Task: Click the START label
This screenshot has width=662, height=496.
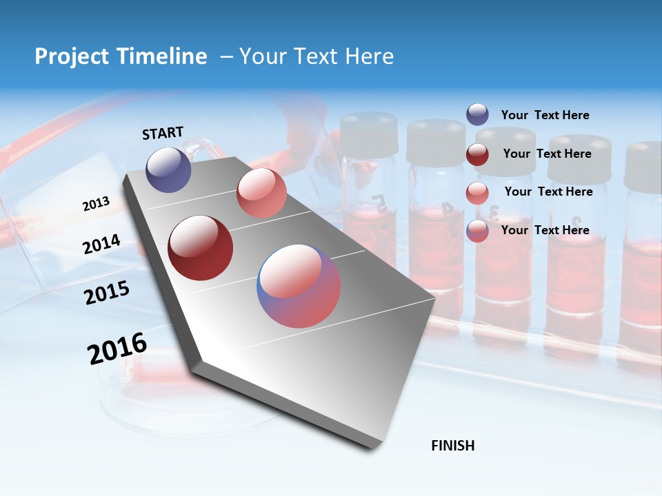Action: (x=163, y=133)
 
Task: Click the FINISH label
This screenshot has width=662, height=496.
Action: (x=452, y=446)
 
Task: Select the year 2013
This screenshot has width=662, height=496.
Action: (x=96, y=204)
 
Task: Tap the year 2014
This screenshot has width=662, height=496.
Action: (x=101, y=245)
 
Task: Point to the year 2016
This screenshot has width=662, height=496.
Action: (x=117, y=349)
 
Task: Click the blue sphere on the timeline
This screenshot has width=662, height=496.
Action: (x=168, y=169)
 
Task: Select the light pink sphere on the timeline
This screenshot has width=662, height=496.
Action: (x=261, y=193)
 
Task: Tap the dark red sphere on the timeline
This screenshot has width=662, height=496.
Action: (x=201, y=248)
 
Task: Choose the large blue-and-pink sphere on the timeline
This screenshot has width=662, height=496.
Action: (x=299, y=286)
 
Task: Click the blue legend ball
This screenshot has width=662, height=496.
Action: (x=477, y=114)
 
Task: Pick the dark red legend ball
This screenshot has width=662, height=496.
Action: (x=477, y=154)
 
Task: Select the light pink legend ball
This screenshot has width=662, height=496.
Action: (x=477, y=192)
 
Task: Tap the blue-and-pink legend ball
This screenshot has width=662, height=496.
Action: (x=477, y=231)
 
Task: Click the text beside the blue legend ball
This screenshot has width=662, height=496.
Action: (x=545, y=115)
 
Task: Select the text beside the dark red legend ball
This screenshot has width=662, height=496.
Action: (x=547, y=154)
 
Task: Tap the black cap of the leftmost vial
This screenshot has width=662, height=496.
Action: (x=369, y=134)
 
